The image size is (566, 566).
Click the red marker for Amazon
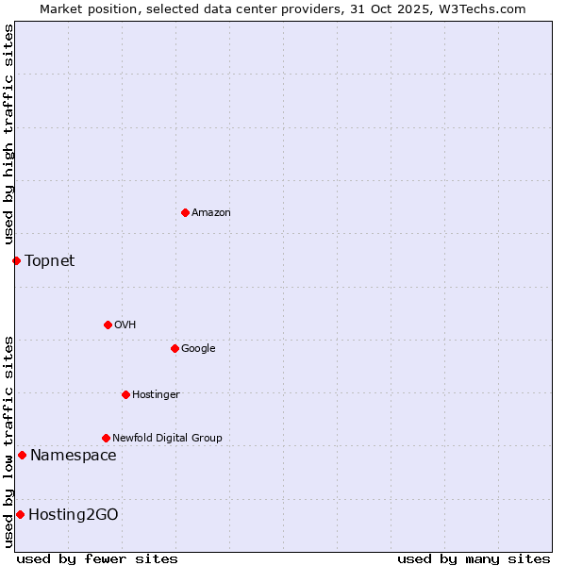185,212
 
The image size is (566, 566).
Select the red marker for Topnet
16,260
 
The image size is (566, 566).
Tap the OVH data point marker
108,325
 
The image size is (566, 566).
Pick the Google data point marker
175,348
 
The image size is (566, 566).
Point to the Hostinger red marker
125,394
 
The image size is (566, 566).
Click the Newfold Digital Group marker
106,438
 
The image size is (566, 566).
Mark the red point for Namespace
22,456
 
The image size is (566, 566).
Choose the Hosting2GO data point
20,514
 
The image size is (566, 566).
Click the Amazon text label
211,213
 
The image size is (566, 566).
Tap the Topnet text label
49,260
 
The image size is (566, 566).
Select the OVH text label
125,325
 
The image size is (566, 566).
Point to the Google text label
198,349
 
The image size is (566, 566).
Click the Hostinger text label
156,395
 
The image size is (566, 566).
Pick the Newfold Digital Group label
167,439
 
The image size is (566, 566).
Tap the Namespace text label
74,456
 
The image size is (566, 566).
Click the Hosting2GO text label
74,514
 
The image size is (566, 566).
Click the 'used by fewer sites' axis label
97,558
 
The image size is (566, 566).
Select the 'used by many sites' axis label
474,558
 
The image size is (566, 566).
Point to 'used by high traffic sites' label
8,135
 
